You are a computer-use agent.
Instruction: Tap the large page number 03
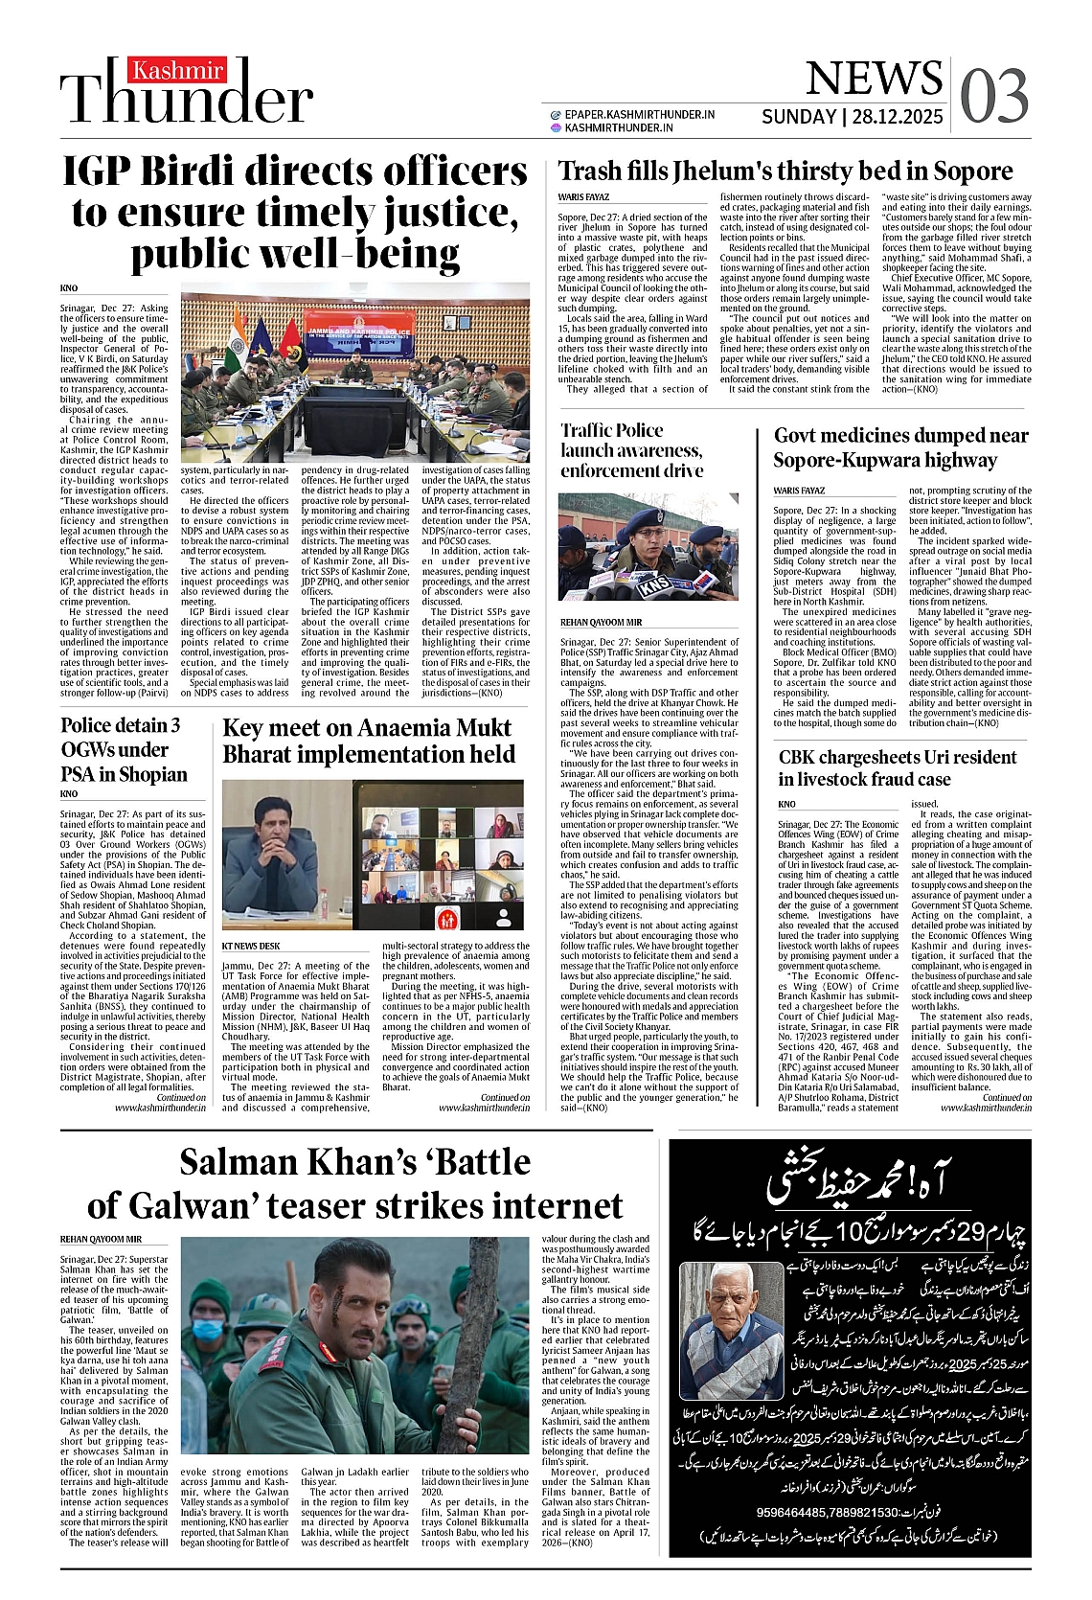coord(993,97)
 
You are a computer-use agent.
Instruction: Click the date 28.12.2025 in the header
coord(898,117)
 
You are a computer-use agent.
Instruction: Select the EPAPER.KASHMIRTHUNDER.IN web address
coord(639,114)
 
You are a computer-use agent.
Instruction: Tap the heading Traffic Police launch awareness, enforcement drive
coord(632,450)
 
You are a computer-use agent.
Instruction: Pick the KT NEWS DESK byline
coord(251,947)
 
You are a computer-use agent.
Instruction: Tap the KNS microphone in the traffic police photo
coord(654,582)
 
